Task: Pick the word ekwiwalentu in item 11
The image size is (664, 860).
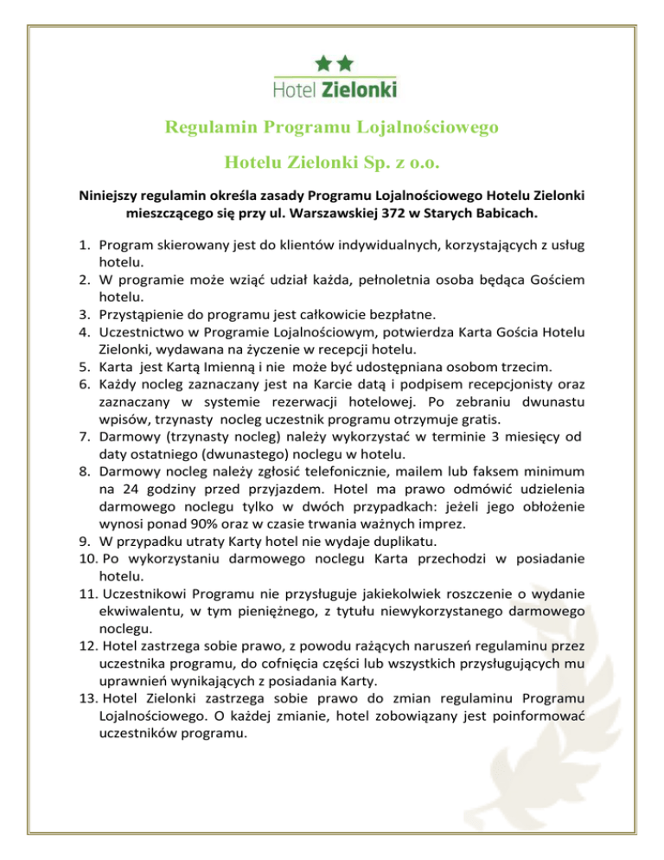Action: pyautogui.click(x=141, y=611)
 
